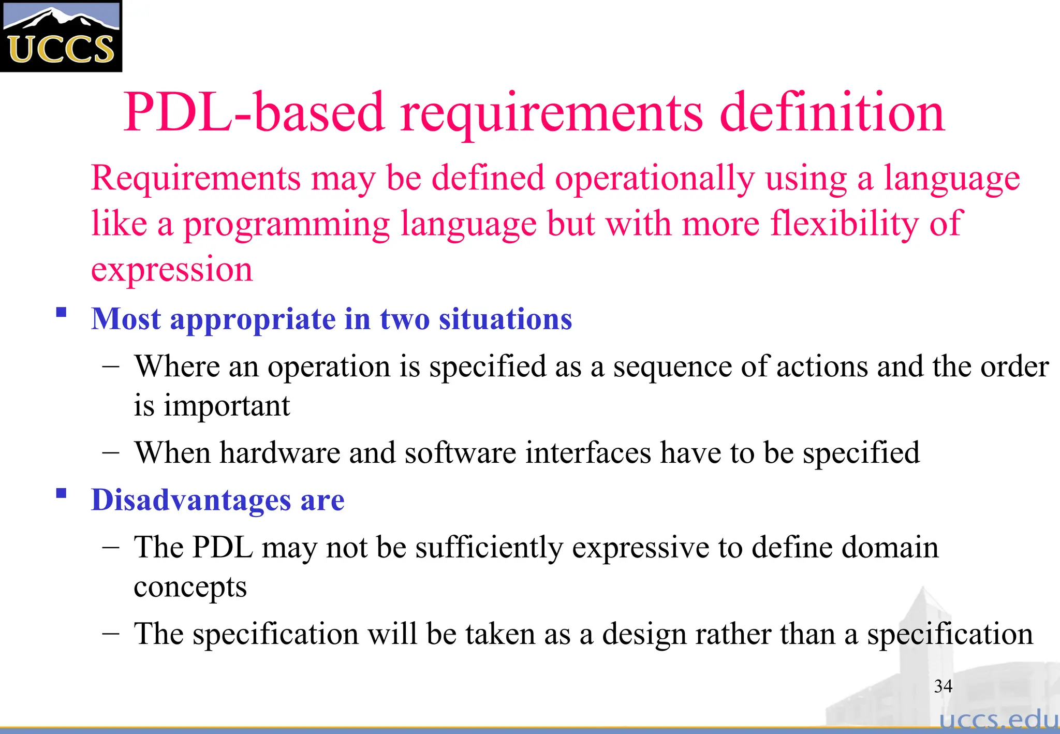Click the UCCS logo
point(61,36)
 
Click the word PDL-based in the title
point(254,113)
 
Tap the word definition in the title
point(832,113)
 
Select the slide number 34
point(943,686)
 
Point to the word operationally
point(654,179)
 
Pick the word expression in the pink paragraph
point(172,270)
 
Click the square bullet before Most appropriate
point(62,313)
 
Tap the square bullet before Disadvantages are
point(62,493)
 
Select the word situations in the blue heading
point(505,319)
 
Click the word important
point(227,406)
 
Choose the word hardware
point(279,453)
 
